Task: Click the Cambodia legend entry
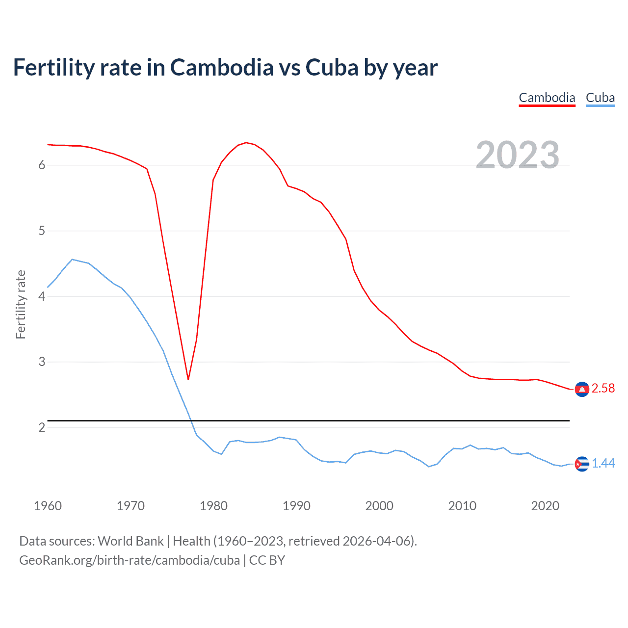point(547,98)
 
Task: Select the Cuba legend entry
point(600,98)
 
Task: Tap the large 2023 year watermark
point(518,155)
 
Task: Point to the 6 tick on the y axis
point(42,165)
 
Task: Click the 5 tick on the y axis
point(42,231)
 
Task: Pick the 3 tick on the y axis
point(42,362)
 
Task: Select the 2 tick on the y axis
point(42,427)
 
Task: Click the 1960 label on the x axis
point(48,506)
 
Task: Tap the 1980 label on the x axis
point(213,506)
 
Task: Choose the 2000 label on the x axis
point(379,506)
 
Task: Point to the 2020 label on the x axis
point(545,506)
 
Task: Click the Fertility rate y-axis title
point(21,304)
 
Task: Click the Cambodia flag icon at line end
point(582,389)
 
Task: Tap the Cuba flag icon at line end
point(582,464)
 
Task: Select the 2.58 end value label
point(603,389)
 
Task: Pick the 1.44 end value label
point(603,463)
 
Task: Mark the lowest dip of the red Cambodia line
point(188,379)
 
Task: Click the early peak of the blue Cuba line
point(72,260)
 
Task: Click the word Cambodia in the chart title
point(222,67)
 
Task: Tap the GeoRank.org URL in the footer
point(130,560)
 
